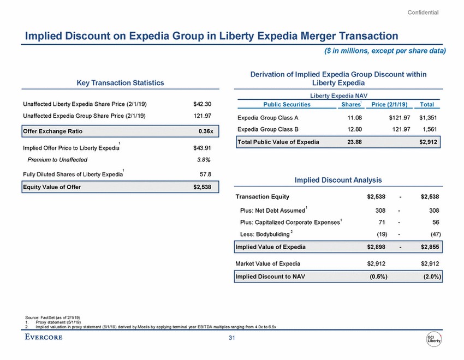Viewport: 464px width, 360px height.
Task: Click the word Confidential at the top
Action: [x=424, y=12]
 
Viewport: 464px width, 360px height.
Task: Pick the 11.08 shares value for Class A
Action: [x=355, y=117]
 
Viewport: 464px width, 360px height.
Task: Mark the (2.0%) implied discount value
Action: [x=430, y=276]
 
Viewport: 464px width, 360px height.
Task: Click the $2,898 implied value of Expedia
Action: [x=376, y=247]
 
